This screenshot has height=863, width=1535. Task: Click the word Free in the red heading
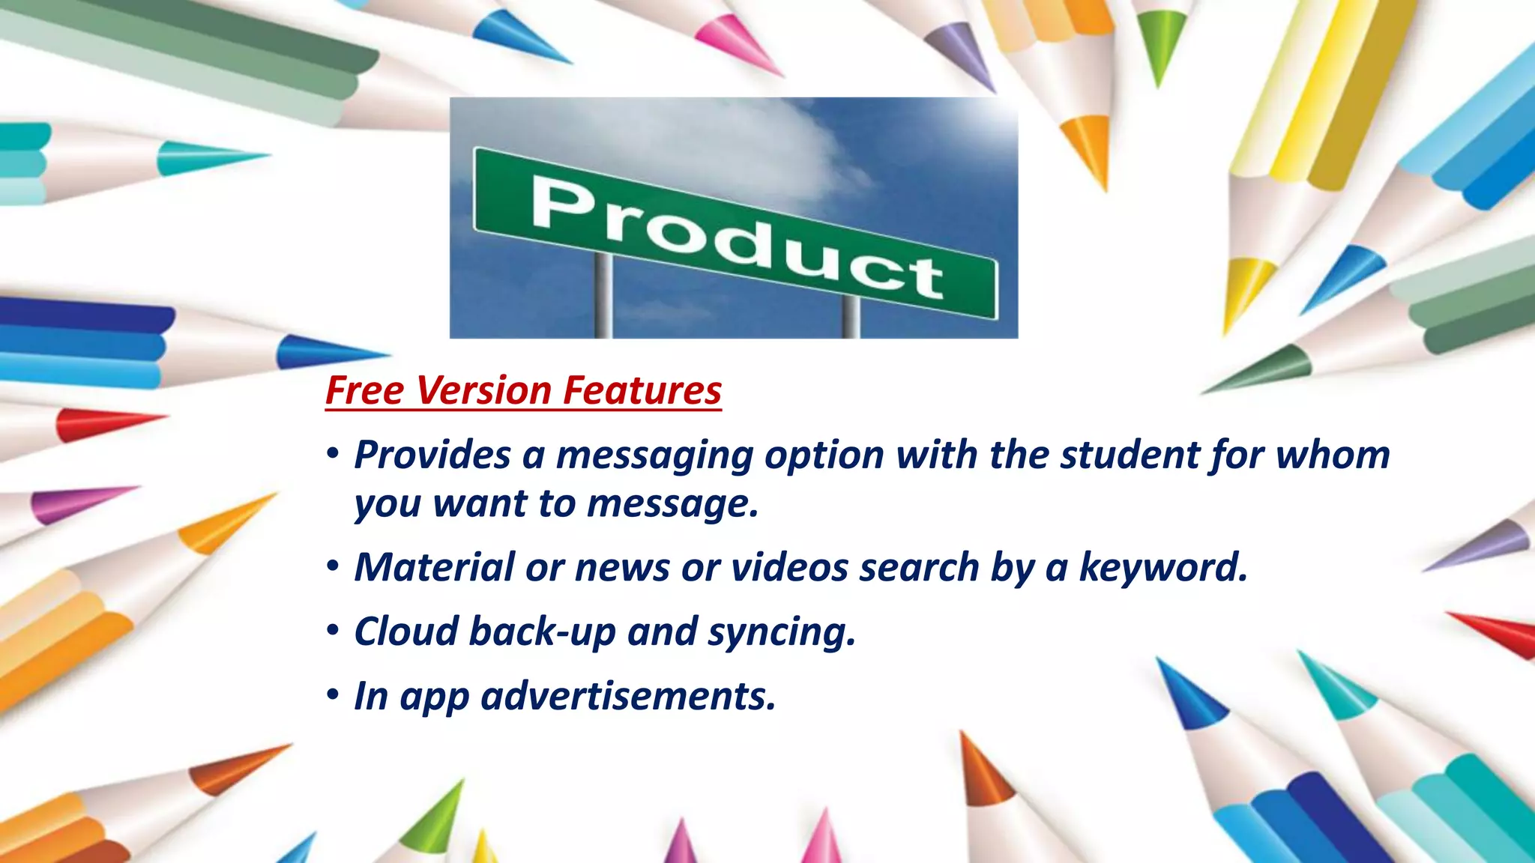pyautogui.click(x=365, y=391)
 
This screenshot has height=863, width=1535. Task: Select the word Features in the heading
pyautogui.click(x=642, y=391)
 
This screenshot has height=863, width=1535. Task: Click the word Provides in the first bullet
pyautogui.click(x=432, y=455)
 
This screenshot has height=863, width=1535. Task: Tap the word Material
pyautogui.click(x=435, y=567)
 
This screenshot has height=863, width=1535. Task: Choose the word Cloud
pyautogui.click(x=406, y=632)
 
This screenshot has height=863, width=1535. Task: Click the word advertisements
pyautogui.click(x=628, y=696)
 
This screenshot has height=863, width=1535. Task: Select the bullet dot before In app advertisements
pyautogui.click(x=334, y=697)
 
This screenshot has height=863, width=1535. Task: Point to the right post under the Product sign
pyautogui.click(x=851, y=318)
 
